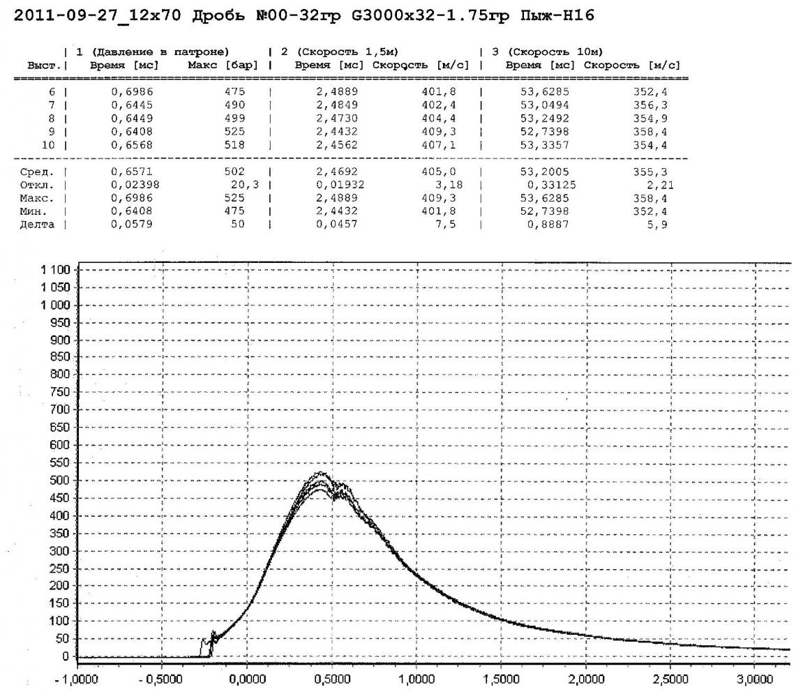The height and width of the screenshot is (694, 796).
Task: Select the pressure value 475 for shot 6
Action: pos(237,91)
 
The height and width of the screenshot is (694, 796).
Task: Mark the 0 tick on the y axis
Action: pos(67,656)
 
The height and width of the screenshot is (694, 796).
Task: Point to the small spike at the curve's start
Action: pos(213,635)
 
